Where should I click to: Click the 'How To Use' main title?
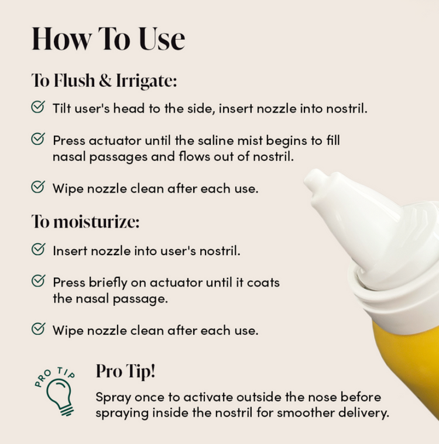click(108, 39)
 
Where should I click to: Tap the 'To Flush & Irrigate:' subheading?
click(104, 80)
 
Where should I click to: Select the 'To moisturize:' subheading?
click(85, 222)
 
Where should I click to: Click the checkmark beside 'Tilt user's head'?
click(38, 106)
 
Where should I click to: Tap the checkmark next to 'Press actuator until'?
click(38, 139)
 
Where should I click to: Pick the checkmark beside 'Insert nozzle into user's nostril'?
click(38, 249)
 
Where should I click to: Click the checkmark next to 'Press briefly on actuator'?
click(38, 281)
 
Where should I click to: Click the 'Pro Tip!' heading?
click(125, 371)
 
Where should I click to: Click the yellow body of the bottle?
click(408, 368)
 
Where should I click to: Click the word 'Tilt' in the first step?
click(62, 108)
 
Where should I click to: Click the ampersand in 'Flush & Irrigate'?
click(105, 80)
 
